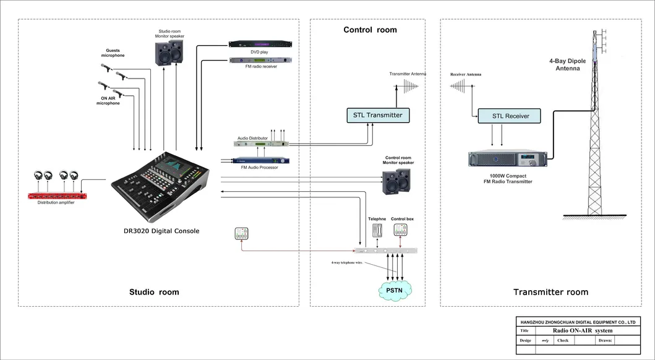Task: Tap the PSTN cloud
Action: [395, 289]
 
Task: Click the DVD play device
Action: [260, 44]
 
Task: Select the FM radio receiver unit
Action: [260, 60]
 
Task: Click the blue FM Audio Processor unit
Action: [260, 160]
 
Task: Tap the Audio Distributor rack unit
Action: [261, 144]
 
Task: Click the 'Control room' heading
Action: [370, 30]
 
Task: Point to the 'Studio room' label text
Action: [154, 292]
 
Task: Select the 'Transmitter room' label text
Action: [550, 292]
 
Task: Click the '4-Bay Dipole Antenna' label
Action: [567, 65]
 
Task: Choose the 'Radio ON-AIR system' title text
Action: [582, 331]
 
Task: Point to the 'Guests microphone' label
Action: [113, 53]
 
